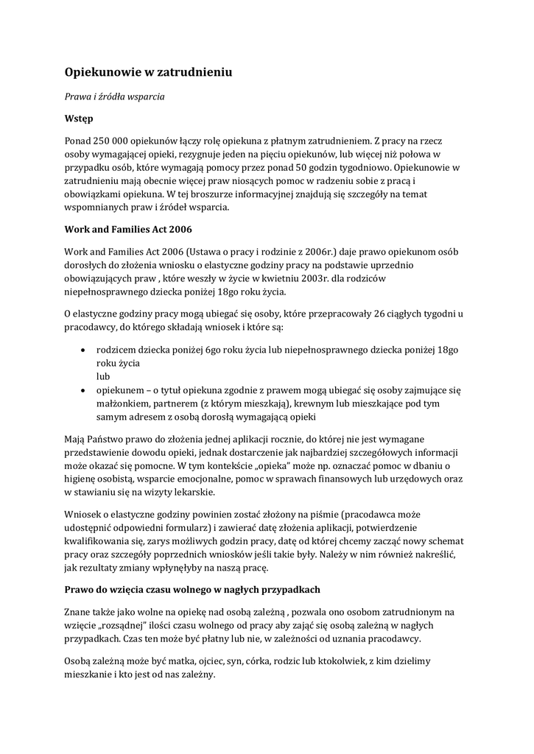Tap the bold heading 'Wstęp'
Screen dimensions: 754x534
tap(79, 117)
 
